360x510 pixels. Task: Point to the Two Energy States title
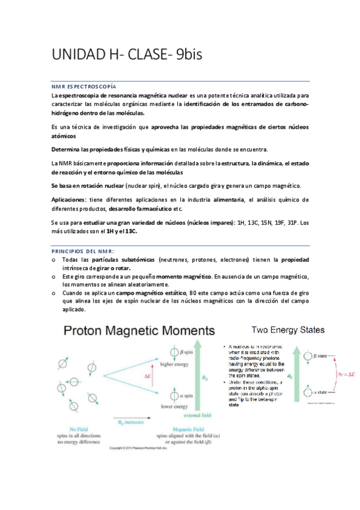(x=288, y=330)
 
